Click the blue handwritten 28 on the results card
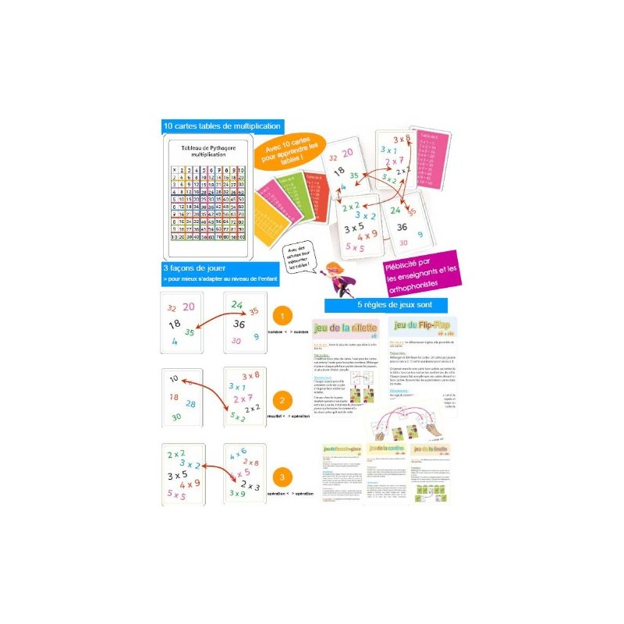tap(191, 403)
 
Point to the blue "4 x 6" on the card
tap(238, 450)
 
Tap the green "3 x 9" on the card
tap(238, 493)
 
